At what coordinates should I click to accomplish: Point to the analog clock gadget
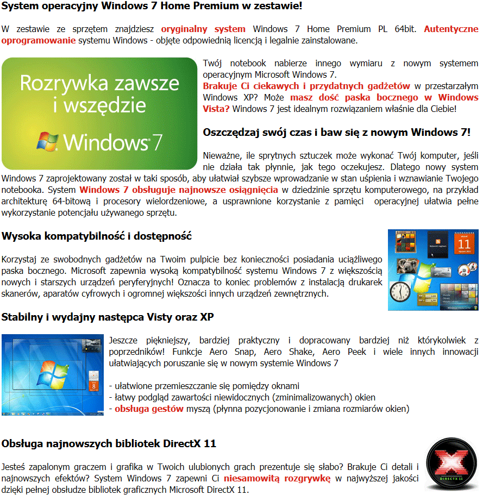click(400, 294)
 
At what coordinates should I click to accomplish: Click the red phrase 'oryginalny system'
click(203, 29)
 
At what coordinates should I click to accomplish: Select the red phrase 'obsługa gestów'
click(149, 409)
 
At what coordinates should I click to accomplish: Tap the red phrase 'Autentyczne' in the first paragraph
click(451, 29)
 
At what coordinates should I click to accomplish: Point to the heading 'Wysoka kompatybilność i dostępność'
click(97, 236)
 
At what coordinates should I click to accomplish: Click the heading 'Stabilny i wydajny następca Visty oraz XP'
click(108, 317)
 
